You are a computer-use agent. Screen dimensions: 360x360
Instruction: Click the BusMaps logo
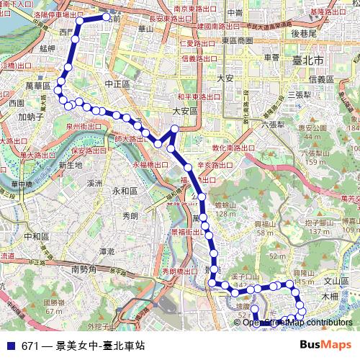click(x=327, y=345)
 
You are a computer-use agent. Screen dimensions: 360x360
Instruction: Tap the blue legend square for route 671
click(x=9, y=346)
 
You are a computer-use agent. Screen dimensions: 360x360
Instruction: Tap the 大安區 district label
click(x=184, y=111)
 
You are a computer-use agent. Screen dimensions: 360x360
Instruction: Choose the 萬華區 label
click(x=36, y=86)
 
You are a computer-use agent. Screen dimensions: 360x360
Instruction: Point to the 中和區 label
click(x=35, y=235)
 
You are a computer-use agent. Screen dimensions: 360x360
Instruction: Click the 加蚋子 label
click(x=32, y=116)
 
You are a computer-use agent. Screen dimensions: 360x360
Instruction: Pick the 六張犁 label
click(x=273, y=123)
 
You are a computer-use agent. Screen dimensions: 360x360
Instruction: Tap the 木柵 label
click(x=329, y=295)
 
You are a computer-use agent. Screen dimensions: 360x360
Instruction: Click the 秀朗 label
click(x=130, y=215)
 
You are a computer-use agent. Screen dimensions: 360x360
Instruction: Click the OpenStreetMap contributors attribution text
click(x=297, y=323)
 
